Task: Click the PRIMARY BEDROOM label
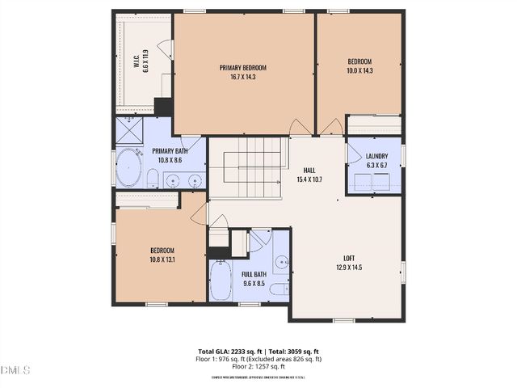pos(242,68)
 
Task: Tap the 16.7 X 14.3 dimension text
pos(242,78)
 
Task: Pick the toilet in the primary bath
pos(152,178)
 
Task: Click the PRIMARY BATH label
pos(170,151)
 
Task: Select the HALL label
pos(309,170)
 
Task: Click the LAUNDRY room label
pos(376,156)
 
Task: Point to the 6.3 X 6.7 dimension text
pos(376,165)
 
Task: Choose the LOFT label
pos(349,258)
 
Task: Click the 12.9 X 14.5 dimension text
pos(349,268)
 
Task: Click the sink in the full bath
pos(280,261)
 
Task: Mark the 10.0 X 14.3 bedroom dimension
pos(359,71)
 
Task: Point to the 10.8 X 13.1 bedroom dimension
pos(162,259)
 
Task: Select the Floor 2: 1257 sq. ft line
pos(259,366)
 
